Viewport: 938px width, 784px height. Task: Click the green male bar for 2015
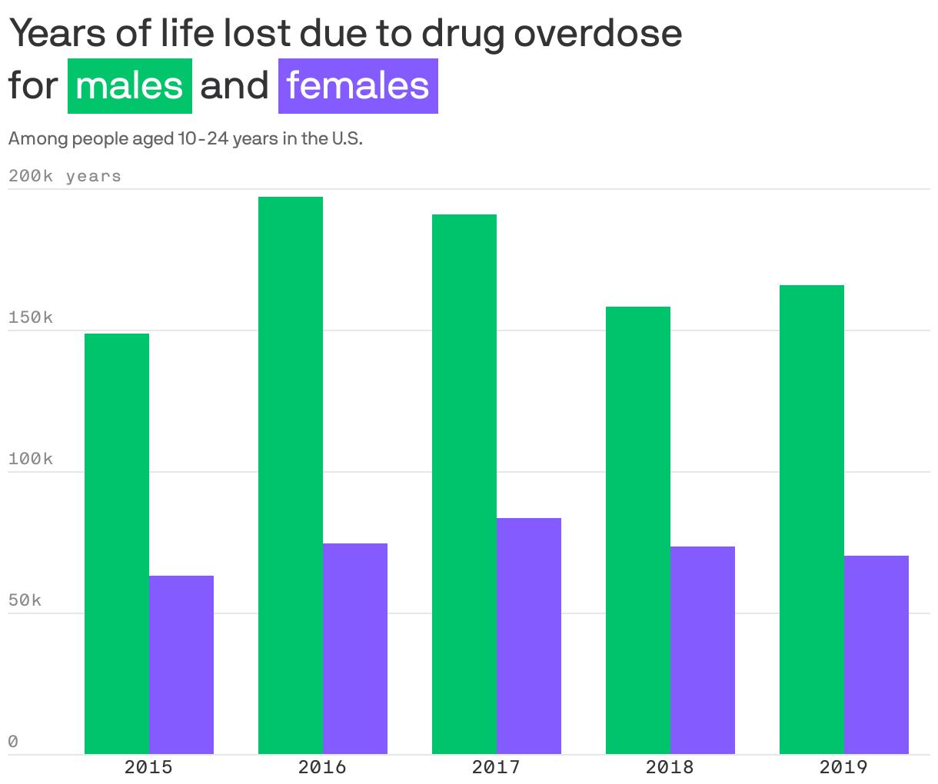click(x=117, y=543)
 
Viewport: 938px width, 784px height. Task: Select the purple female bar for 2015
click(x=181, y=665)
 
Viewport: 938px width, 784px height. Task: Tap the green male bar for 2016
click(x=291, y=475)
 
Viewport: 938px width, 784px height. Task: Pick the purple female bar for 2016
click(x=355, y=649)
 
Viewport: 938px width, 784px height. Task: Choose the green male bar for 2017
click(x=464, y=484)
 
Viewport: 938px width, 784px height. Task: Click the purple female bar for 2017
click(x=529, y=636)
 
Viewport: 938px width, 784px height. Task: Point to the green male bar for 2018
click(x=638, y=530)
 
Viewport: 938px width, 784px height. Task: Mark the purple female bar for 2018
click(x=703, y=650)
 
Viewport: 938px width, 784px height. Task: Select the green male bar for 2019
click(x=812, y=520)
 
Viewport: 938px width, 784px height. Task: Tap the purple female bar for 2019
click(x=876, y=655)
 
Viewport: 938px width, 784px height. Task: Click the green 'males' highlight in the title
click(x=130, y=86)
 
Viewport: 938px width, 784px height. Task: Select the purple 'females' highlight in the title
click(x=358, y=86)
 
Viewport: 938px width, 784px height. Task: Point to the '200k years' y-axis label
click(x=65, y=176)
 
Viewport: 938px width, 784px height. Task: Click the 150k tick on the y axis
click(x=31, y=317)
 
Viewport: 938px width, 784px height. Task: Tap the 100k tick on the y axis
click(x=31, y=459)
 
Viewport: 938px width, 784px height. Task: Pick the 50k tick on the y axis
click(x=25, y=600)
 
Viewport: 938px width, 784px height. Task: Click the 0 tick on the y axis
click(x=13, y=742)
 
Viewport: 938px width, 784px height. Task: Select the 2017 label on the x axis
click(x=496, y=767)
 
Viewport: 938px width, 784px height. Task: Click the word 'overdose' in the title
click(x=597, y=33)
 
